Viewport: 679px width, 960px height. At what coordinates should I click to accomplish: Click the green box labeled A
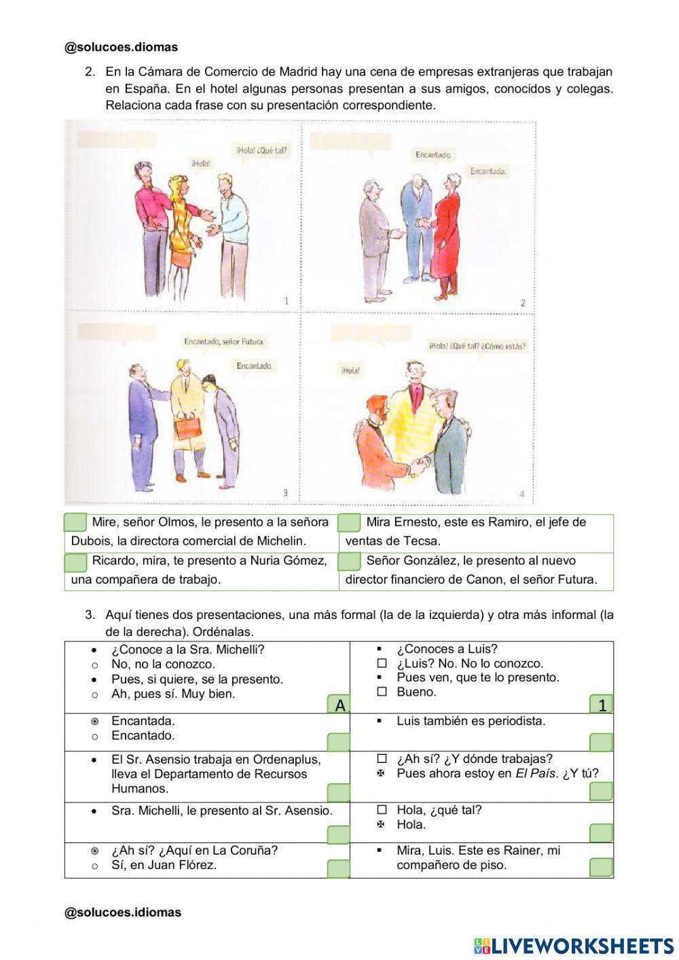(339, 705)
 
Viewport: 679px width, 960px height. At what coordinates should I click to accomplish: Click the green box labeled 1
(601, 705)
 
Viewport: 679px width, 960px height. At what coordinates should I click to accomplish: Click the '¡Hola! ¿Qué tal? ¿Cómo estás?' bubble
(477, 346)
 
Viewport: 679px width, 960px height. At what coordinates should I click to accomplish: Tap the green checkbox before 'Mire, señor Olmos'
(75, 522)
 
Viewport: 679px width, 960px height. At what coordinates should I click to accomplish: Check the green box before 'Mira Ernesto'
(350, 522)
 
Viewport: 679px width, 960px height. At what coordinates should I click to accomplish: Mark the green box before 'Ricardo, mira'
(75, 562)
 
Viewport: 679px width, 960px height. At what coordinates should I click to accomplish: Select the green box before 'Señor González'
(350, 561)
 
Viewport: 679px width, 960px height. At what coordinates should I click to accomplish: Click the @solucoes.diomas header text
(121, 47)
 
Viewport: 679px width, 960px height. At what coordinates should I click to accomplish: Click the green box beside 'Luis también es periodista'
(601, 742)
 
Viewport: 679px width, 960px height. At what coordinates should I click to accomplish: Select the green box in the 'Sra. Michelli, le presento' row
(339, 834)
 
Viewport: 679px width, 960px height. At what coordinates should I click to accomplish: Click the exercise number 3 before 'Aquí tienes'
(90, 615)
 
